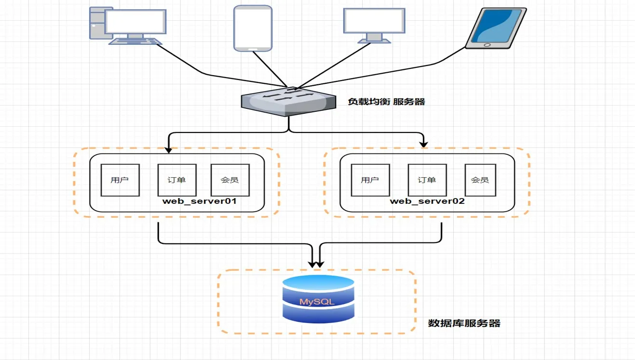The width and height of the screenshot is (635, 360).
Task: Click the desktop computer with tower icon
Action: [128, 26]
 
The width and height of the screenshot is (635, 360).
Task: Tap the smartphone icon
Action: [253, 27]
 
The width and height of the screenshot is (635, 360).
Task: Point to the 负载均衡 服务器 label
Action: [386, 102]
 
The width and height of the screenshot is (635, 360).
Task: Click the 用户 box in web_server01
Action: [120, 180]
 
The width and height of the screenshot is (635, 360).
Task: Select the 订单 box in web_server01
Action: [177, 180]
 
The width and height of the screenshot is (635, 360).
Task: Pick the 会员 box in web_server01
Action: [230, 180]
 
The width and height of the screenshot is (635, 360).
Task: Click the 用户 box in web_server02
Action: [370, 180]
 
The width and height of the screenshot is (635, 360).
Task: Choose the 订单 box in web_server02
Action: [427, 180]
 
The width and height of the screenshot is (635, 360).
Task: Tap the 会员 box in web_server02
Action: [480, 180]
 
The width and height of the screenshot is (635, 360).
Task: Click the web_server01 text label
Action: [200, 201]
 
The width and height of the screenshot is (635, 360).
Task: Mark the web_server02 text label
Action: [427, 201]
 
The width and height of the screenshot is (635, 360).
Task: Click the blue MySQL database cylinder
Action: [318, 298]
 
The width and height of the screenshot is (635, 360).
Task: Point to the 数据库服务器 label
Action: [464, 323]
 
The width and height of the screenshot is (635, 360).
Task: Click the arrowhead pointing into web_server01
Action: [168, 149]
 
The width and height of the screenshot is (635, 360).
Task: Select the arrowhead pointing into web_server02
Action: [424, 143]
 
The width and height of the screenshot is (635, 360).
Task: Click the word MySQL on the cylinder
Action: [317, 302]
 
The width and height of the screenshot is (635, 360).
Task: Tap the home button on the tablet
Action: [486, 45]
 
